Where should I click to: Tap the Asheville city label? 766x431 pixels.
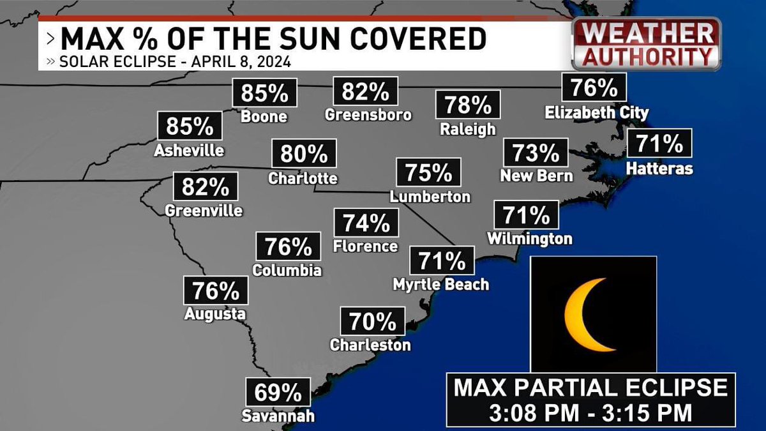(x=189, y=151)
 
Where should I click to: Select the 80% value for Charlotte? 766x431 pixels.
(x=303, y=155)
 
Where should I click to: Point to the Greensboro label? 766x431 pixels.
(x=368, y=115)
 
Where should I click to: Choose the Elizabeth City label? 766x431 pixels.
(x=597, y=113)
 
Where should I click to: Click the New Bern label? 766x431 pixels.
(x=536, y=175)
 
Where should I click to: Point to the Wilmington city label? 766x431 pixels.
(x=529, y=239)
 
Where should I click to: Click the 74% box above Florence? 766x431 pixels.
(x=366, y=223)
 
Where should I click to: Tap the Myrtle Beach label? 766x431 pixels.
(x=441, y=284)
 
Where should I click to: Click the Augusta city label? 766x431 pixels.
(x=214, y=314)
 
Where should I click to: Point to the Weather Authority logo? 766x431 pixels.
(x=647, y=43)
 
